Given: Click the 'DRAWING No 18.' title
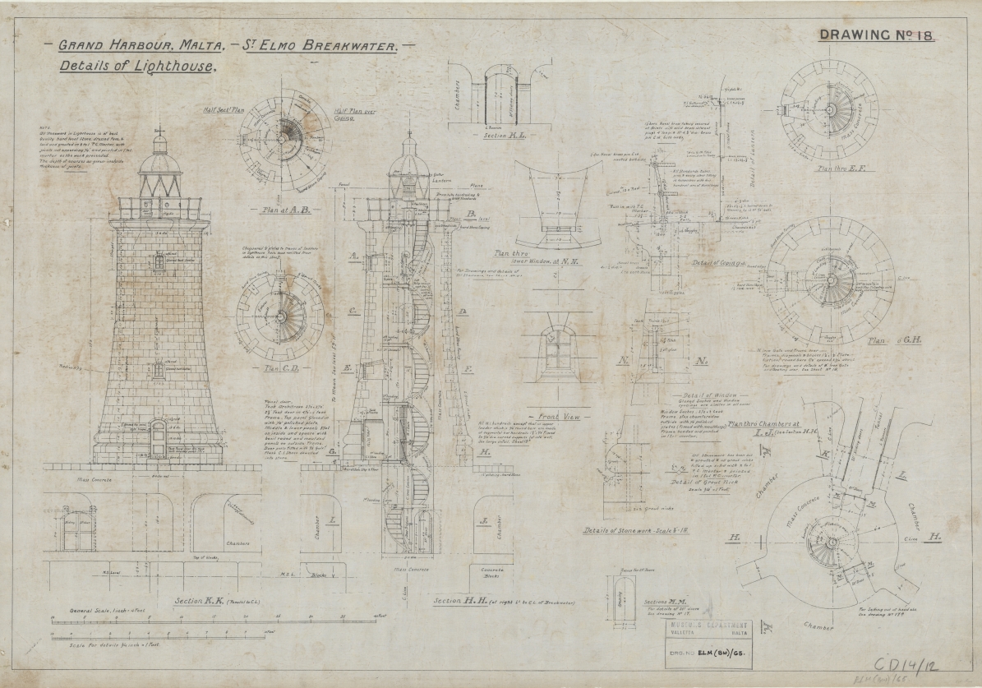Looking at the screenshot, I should (x=877, y=35).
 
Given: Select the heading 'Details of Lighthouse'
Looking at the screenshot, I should (x=137, y=67).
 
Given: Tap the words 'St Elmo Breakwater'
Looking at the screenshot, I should (x=321, y=48).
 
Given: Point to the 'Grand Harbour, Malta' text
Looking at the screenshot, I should (x=136, y=47).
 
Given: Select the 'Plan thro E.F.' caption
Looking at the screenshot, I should (x=837, y=168).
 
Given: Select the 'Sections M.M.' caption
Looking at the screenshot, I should (x=639, y=602).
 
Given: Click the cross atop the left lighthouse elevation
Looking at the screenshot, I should (x=160, y=131).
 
